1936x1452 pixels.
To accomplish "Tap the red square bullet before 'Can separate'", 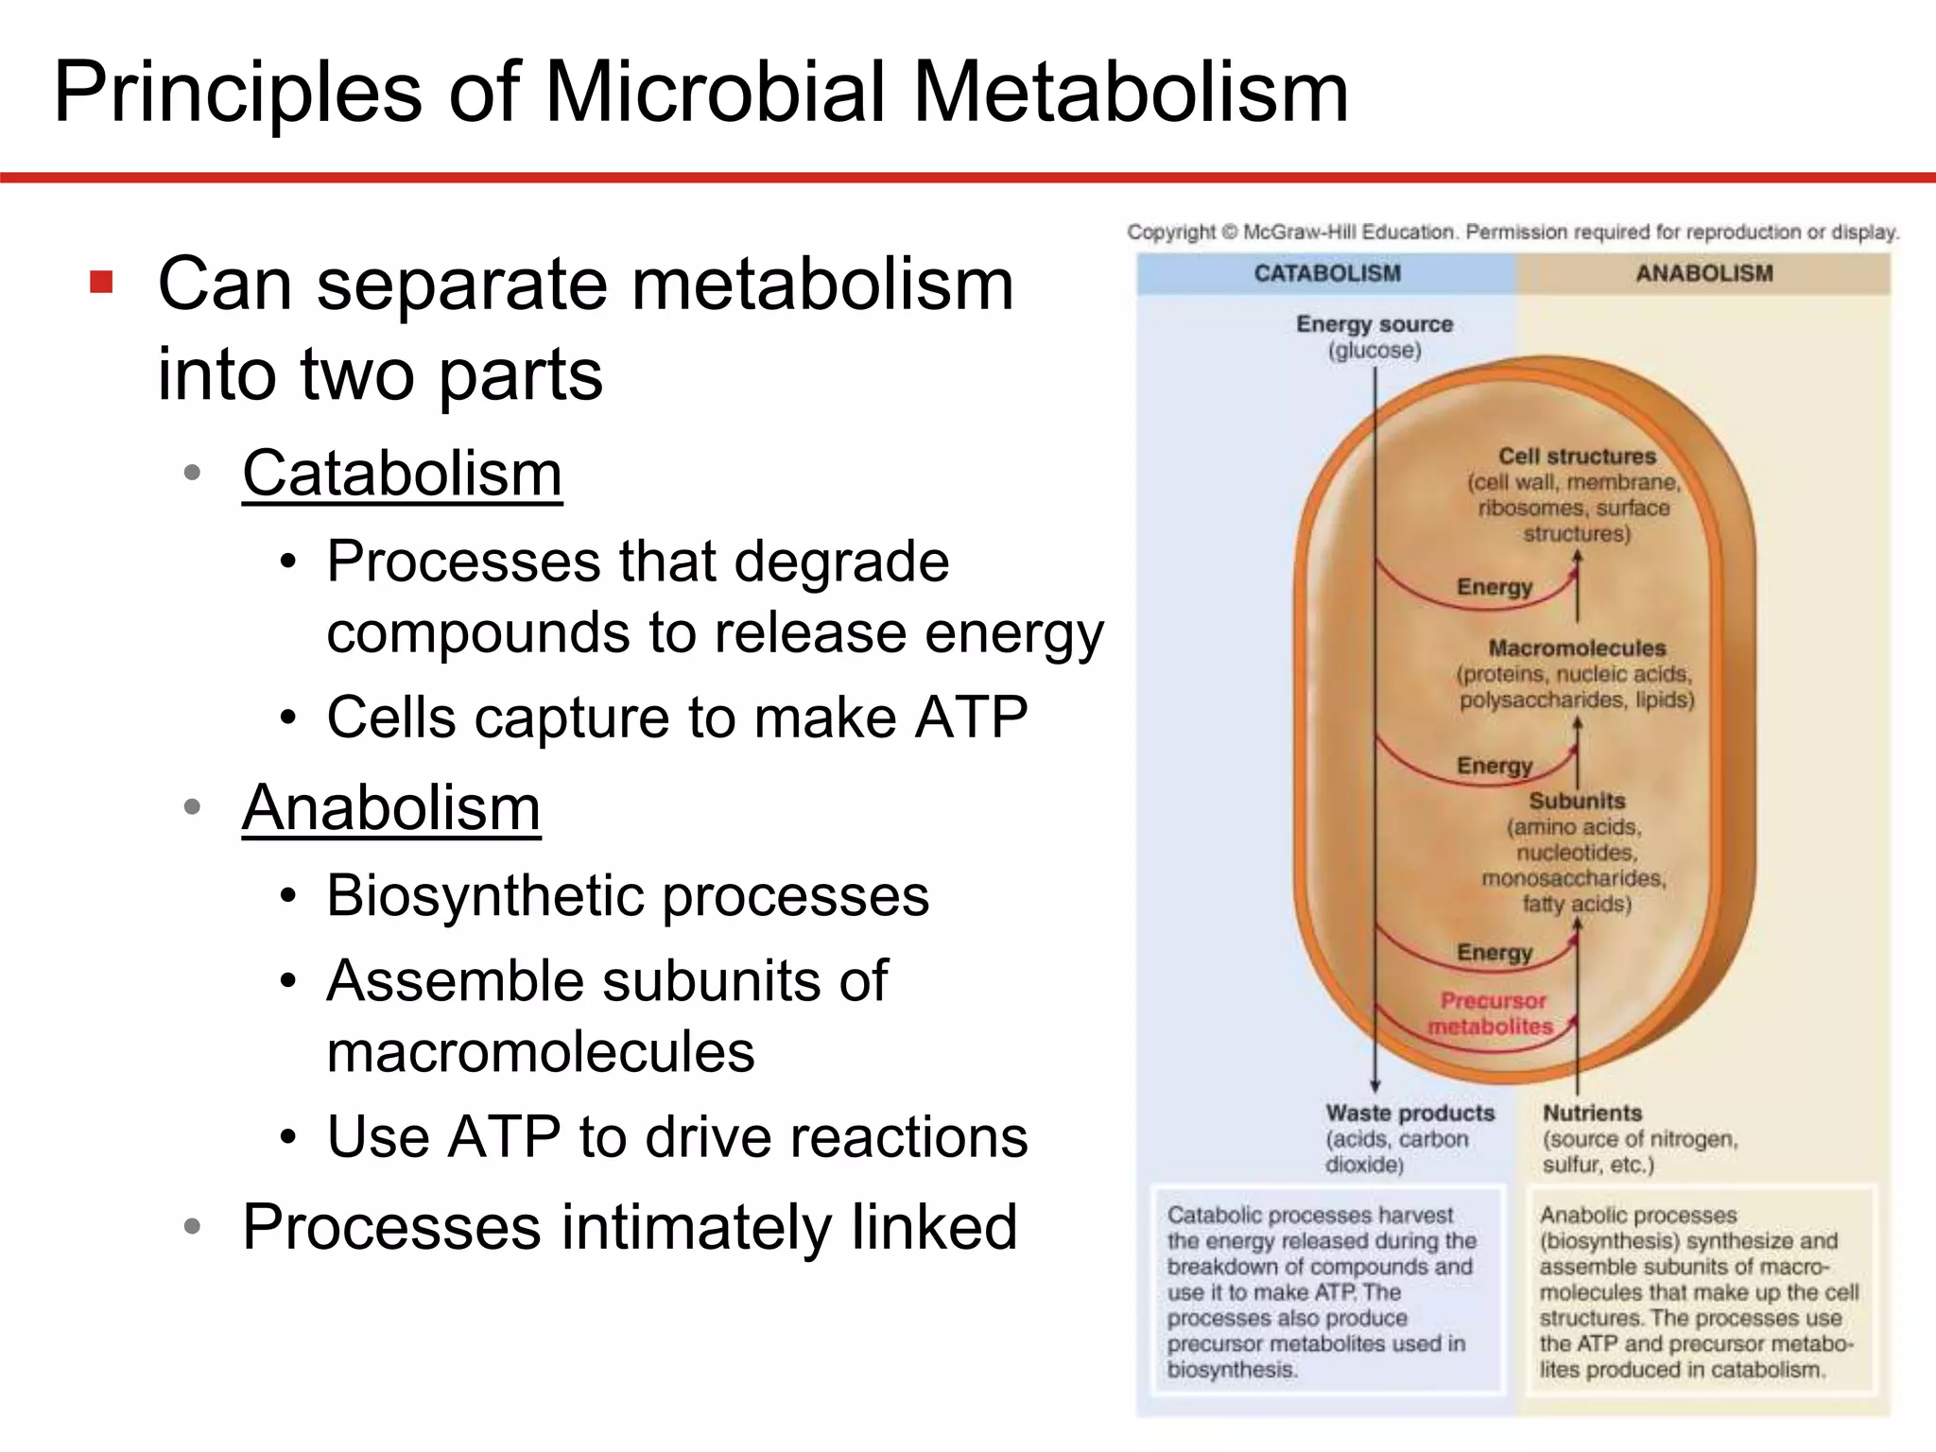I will pos(102,283).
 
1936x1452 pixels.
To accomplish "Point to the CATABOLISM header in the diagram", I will pos(1327,273).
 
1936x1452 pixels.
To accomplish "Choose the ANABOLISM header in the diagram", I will pos(1703,273).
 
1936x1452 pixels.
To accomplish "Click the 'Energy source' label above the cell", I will pos(1374,324).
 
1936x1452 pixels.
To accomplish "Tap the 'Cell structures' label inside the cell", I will pos(1577,456).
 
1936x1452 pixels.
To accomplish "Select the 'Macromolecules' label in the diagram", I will pos(1577,648).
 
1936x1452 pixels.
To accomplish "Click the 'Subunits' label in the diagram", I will pos(1577,801).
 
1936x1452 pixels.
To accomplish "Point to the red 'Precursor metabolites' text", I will pos(1492,1013).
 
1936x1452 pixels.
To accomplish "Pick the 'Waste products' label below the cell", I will pos(1409,1113).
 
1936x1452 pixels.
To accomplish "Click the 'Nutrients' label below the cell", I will pos(1592,1113).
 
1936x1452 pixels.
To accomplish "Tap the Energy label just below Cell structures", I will pos(1494,587).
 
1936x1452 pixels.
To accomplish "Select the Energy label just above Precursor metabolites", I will pos(1494,952).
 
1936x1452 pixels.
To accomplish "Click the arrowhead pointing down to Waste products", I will pos(1375,1086).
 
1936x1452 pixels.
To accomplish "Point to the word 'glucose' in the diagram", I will pos(1374,351).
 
